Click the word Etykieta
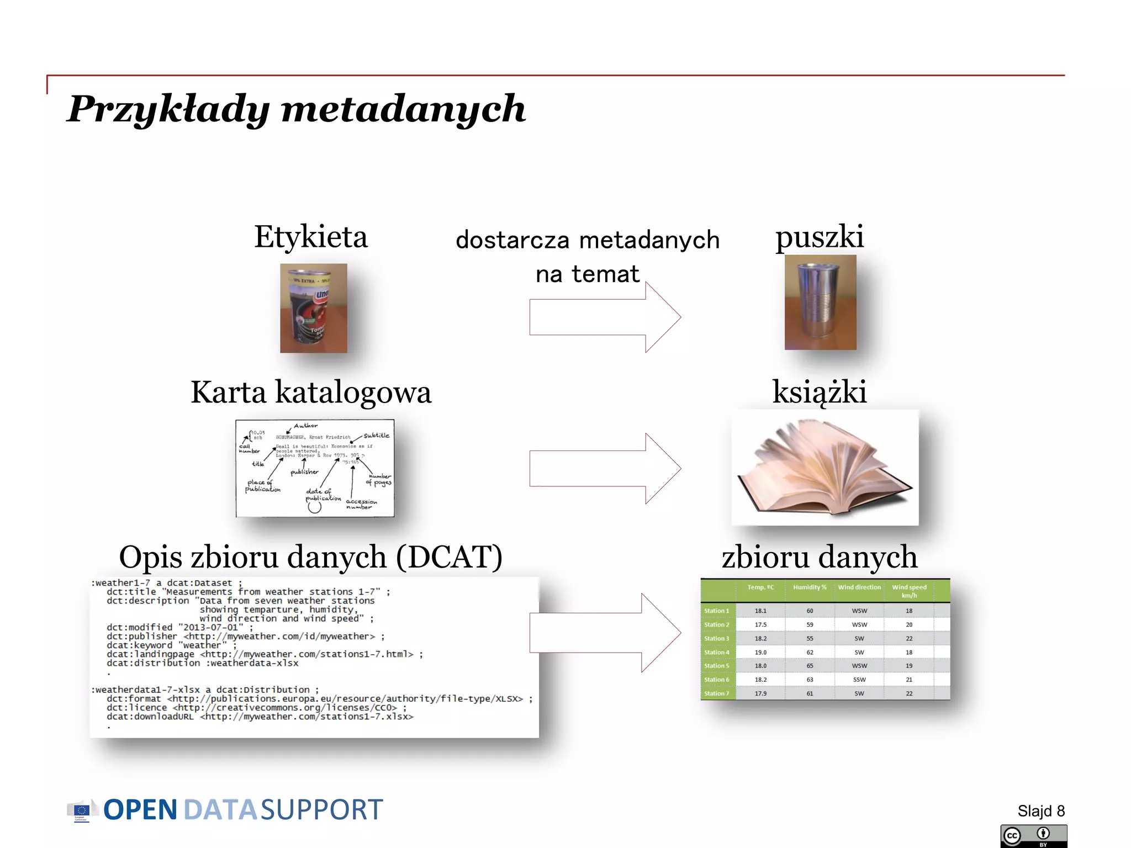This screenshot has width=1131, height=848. click(x=310, y=237)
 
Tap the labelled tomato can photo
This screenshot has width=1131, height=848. click(x=313, y=308)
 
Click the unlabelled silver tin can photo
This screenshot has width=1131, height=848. click(x=820, y=302)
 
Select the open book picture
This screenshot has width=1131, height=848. click(x=824, y=468)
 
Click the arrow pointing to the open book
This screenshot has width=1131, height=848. click(x=605, y=468)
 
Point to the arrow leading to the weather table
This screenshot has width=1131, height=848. click(x=605, y=633)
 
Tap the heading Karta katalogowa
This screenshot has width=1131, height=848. click(x=310, y=393)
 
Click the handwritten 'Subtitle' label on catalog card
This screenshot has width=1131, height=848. click(x=376, y=435)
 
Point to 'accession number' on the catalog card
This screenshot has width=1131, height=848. click(x=361, y=504)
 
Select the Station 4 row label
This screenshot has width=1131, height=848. click(x=717, y=652)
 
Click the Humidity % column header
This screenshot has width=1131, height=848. click(x=810, y=587)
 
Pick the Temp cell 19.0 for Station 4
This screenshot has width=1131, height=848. click(x=760, y=652)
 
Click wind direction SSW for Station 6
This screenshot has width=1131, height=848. click(x=859, y=680)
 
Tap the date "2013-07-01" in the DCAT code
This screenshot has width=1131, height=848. click(x=210, y=627)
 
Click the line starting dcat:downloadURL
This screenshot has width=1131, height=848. click(x=260, y=717)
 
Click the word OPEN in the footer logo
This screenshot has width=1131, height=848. click(x=140, y=810)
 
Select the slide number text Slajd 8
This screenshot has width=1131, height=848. click(x=1040, y=811)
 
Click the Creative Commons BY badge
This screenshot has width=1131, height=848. click(x=1033, y=836)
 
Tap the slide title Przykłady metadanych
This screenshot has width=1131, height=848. click(x=296, y=109)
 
